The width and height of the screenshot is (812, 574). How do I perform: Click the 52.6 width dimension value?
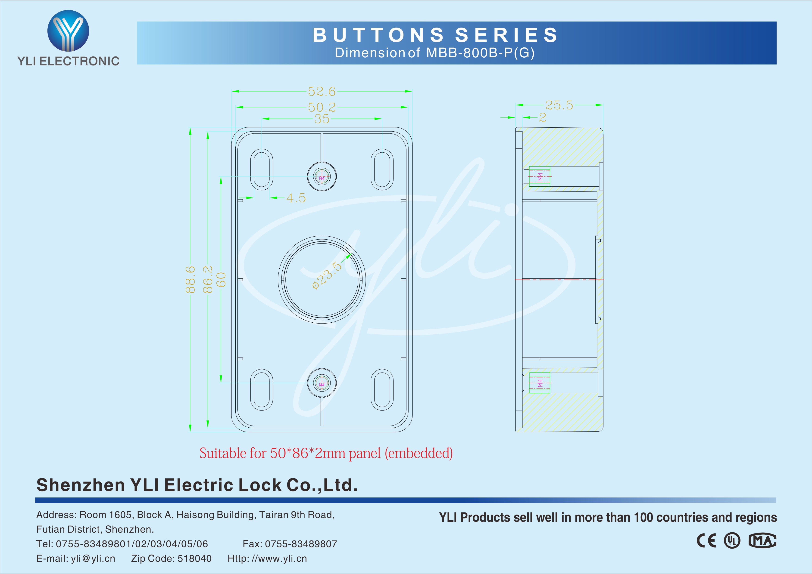pos(322,92)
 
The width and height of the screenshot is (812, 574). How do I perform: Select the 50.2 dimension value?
pos(322,107)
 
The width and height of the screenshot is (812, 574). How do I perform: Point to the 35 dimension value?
pos(322,119)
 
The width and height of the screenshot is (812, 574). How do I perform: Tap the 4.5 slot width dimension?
pos(296,198)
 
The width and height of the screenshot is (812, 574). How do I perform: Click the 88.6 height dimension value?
pos(190,280)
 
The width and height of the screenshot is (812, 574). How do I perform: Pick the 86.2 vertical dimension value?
pos(208,280)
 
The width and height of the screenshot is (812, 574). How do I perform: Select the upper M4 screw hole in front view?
pos(322,176)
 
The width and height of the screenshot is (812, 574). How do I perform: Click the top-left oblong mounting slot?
pos(262,169)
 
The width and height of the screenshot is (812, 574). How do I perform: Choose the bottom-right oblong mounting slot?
pos(382,389)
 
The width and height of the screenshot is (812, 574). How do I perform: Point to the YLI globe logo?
pos(68,31)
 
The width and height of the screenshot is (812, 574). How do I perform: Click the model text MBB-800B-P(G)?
pos(480,53)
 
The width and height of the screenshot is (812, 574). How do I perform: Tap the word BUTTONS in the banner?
pos(378,35)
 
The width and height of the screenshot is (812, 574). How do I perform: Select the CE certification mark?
pos(706,541)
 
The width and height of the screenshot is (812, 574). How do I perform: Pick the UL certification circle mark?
pos(732,541)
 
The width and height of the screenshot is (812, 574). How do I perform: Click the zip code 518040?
pos(194,559)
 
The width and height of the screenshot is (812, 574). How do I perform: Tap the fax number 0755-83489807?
pos(301,544)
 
